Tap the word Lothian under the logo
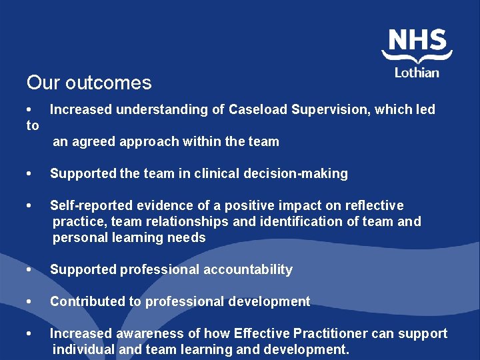point(417,72)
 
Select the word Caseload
point(257,109)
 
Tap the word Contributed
point(87,301)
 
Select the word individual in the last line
point(83,349)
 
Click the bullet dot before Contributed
point(29,302)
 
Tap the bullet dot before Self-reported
point(29,206)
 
